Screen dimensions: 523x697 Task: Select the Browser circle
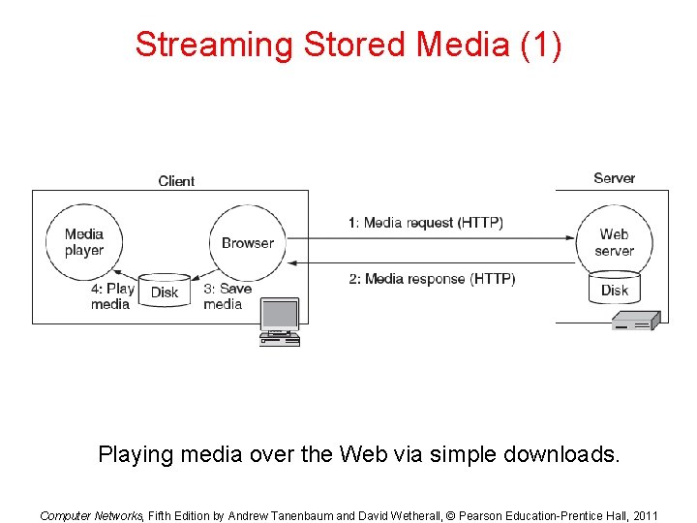coord(248,242)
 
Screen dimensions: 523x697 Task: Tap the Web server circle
coord(614,241)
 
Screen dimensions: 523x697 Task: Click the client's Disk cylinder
coord(165,291)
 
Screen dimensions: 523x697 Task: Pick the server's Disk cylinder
coord(615,290)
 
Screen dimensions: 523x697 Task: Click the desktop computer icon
coord(280,322)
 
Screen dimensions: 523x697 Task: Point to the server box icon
coord(635,321)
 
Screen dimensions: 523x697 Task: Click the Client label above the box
coord(176,181)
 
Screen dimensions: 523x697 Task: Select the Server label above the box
coord(614,178)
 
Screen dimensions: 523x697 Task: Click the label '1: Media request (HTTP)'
coord(426,223)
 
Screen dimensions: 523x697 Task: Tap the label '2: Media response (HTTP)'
coord(432,279)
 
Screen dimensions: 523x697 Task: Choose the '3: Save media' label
coord(227,296)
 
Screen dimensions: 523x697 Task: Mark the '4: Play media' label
coord(112,296)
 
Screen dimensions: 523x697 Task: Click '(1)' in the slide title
coord(540,45)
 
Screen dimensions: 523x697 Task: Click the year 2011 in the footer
coord(643,515)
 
